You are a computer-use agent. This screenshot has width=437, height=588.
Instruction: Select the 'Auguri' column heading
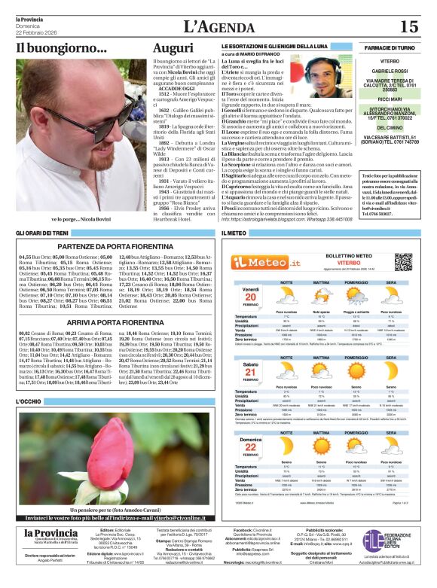pyautogui.click(x=173, y=48)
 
